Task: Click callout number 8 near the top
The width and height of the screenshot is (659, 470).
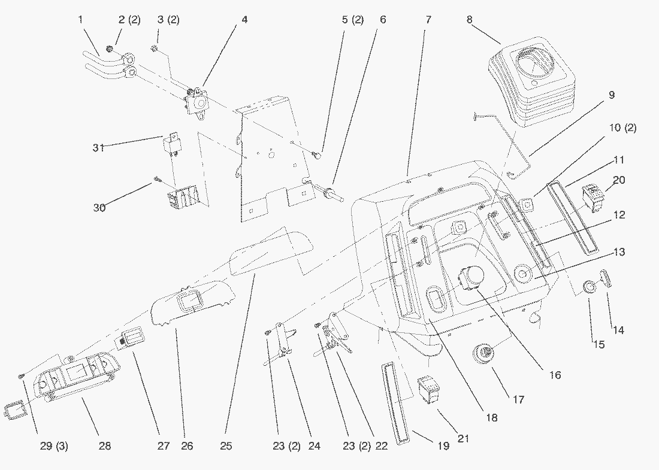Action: click(470, 19)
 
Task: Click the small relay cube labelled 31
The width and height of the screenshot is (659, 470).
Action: click(171, 143)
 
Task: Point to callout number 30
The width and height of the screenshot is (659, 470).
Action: click(99, 208)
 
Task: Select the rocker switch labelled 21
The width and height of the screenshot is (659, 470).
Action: click(428, 389)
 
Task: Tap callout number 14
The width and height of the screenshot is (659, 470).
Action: click(618, 330)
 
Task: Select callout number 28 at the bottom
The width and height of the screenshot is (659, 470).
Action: click(105, 445)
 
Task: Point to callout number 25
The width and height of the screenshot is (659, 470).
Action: click(226, 445)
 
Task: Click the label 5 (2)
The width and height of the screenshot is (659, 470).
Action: click(353, 19)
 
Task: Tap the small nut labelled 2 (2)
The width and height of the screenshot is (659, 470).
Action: click(108, 50)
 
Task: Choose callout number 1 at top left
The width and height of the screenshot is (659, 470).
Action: click(81, 19)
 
